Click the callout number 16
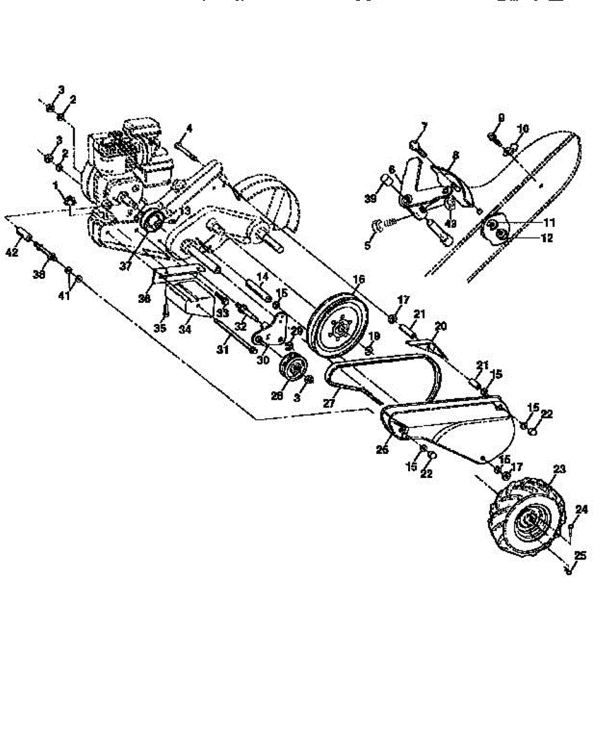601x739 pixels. click(359, 280)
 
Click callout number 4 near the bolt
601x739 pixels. click(189, 129)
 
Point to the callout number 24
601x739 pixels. click(581, 509)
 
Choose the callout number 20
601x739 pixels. click(442, 325)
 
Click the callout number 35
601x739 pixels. click(160, 328)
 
